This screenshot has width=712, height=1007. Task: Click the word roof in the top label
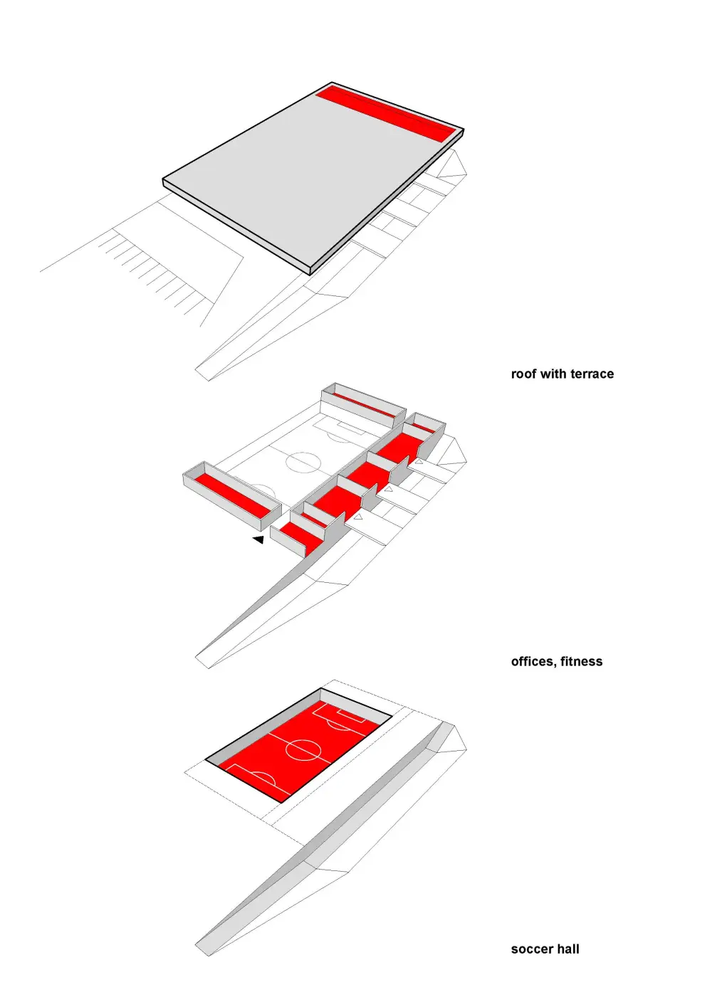(x=524, y=374)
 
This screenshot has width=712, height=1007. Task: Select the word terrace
(x=592, y=374)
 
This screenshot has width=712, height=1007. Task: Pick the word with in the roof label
(x=554, y=374)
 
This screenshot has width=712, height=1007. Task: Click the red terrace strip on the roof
(x=384, y=112)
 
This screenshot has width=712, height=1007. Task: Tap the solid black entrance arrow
(x=258, y=540)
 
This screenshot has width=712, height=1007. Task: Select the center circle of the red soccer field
(x=303, y=749)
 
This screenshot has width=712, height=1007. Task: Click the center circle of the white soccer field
(x=303, y=462)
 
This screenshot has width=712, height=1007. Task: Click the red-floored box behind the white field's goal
(x=365, y=404)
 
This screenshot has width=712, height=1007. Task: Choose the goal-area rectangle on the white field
(x=349, y=429)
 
